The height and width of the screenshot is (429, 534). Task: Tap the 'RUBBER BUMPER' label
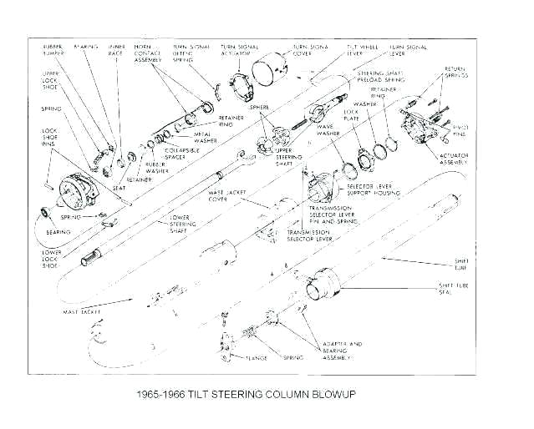pyautogui.click(x=53, y=49)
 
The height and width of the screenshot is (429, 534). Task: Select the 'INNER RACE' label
pyautogui.click(x=118, y=49)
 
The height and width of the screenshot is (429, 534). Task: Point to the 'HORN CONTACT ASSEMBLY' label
pyautogui.click(x=149, y=54)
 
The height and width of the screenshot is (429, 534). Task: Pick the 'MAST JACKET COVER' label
pyautogui.click(x=221, y=197)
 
